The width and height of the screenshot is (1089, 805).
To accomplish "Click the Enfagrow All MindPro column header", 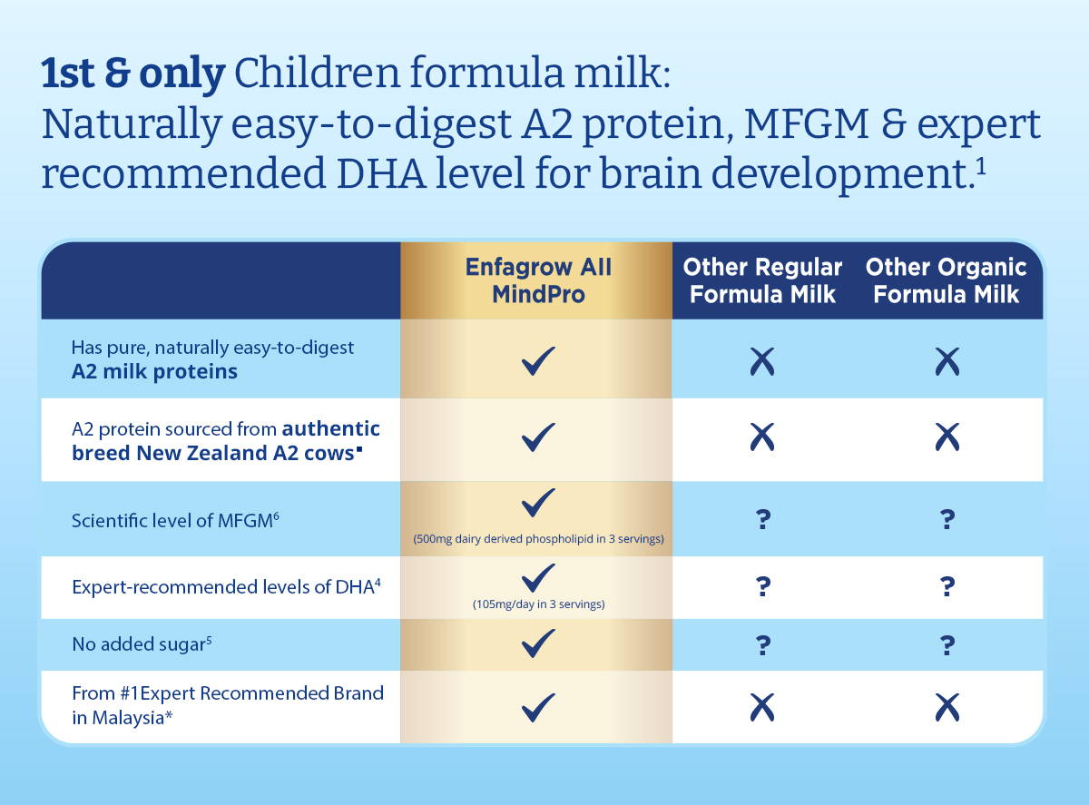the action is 538,280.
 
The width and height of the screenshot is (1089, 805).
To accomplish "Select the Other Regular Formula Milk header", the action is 762,280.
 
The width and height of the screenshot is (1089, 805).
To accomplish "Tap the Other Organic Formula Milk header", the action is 947,280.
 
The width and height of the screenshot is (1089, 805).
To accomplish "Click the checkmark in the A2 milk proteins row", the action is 538,361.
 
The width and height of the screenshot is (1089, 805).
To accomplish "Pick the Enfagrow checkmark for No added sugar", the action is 538,643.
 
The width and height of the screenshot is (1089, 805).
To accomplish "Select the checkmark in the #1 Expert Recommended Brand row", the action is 538,707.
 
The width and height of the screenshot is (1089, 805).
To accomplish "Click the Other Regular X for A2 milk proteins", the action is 762,361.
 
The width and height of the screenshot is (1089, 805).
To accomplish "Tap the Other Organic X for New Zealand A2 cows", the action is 947,437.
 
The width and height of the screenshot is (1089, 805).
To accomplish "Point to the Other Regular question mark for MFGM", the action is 762,519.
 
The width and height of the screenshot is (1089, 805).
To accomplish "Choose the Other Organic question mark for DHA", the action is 947,586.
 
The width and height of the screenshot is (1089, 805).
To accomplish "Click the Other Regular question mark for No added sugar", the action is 762,645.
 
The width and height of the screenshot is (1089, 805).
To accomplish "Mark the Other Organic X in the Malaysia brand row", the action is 947,707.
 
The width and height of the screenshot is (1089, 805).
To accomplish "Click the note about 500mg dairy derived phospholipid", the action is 538,539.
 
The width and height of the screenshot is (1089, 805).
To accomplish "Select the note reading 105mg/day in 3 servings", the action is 538,604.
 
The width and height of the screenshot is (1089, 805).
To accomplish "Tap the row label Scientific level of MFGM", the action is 175,520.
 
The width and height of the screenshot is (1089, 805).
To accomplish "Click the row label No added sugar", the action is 142,643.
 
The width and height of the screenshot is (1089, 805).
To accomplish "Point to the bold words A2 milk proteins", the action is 154,371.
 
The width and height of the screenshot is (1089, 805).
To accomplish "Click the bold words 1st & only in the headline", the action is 133,74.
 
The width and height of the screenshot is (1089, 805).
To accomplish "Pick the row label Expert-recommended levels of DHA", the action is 226,586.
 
